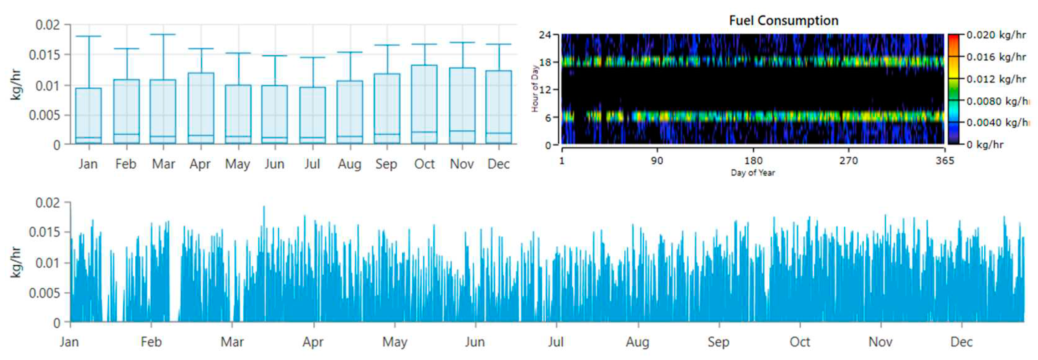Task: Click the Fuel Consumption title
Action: click(783, 20)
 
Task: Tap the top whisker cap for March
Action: click(163, 35)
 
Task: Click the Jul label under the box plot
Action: click(312, 164)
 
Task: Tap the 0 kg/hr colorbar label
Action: click(985, 145)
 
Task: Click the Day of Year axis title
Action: click(753, 173)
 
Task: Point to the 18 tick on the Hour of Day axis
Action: click(545, 62)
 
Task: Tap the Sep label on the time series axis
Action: click(718, 342)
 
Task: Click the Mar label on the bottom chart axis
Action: click(232, 342)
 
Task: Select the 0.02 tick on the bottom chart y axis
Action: click(47, 203)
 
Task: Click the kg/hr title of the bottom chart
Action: click(15, 262)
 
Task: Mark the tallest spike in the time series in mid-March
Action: click(264, 207)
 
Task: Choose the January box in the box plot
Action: click(88, 116)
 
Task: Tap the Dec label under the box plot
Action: click(499, 164)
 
